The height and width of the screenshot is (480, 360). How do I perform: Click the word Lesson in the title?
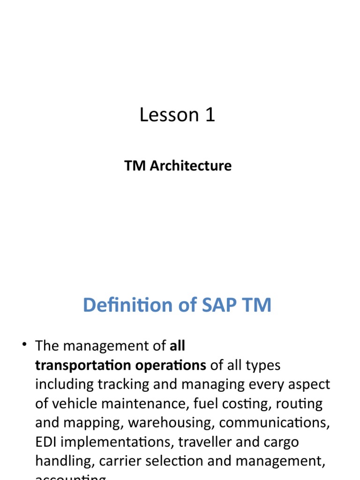167,115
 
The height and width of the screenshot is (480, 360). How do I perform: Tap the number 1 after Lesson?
210,115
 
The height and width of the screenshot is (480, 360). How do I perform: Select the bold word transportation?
80,365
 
